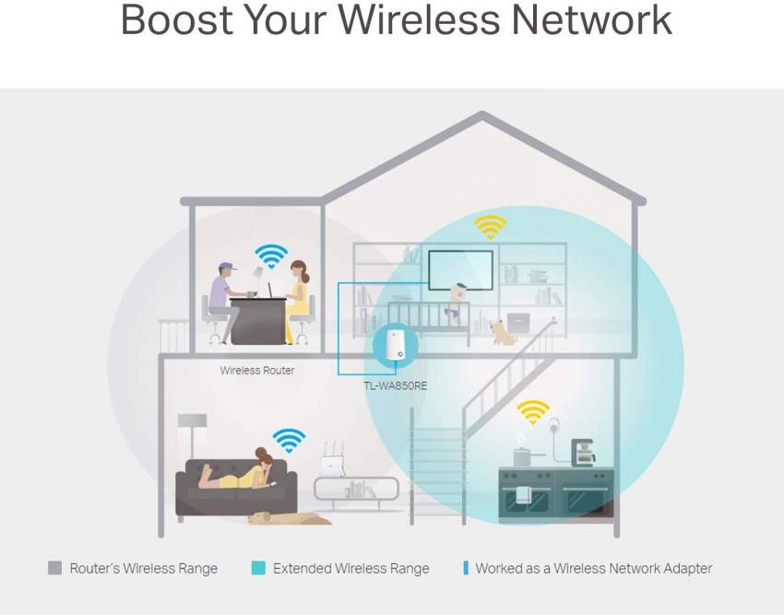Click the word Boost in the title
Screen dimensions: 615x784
172,20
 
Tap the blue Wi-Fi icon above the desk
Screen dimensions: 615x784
271,254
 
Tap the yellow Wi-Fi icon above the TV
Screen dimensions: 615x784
490,225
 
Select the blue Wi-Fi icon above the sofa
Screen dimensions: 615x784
289,440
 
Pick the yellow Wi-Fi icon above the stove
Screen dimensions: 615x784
533,410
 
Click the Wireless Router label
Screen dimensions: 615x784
257,371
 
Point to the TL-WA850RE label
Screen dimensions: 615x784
396,385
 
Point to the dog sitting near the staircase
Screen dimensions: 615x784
503,332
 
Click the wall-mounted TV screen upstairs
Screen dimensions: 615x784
461,267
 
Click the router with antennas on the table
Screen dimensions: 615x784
333,465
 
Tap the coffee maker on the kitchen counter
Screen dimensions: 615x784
583,453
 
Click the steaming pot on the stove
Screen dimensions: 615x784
522,455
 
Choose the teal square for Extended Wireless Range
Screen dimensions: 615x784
258,568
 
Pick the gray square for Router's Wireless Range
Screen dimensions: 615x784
55,568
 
